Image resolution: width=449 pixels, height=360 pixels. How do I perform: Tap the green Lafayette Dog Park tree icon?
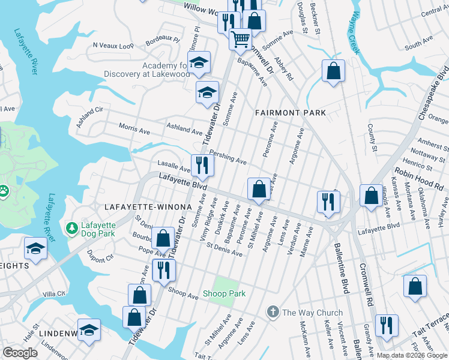point(71,228)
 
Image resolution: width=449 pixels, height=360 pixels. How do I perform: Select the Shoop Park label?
point(224,293)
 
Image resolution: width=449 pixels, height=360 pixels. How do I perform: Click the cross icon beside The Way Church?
point(273,312)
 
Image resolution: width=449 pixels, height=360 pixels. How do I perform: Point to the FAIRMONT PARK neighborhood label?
point(290,113)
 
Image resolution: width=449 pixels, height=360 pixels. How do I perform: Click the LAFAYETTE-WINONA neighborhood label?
point(148,207)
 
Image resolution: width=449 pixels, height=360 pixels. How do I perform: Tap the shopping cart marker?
point(240,39)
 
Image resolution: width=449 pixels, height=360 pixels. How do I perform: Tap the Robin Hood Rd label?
point(427,179)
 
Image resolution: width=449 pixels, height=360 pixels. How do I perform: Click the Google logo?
point(20,353)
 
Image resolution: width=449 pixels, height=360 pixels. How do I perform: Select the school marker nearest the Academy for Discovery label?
point(199,62)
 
